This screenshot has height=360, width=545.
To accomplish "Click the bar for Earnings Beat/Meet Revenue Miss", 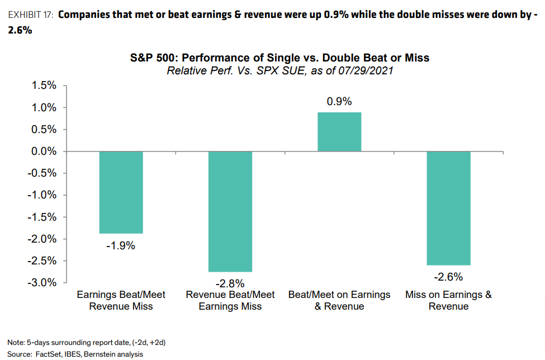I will coord(121,192).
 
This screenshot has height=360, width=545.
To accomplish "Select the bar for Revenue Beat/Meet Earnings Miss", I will coord(230,211).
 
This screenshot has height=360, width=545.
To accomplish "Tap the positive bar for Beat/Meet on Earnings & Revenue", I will coord(339,132).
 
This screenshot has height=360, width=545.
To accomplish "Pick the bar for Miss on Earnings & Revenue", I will coord(448,208).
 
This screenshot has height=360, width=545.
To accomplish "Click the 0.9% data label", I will coord(339,102).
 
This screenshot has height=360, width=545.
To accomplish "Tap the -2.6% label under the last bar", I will coord(448,277).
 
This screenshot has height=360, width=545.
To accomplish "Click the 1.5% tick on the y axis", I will coord(44,86).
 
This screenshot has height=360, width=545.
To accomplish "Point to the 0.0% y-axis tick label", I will coord(44,151).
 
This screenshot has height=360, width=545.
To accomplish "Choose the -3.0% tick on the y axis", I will coord(42,282).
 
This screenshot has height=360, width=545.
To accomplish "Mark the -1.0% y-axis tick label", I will coord(42,195).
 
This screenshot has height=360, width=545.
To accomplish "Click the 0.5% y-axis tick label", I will coord(44,129).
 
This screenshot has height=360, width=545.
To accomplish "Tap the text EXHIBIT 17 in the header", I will coord(30,15).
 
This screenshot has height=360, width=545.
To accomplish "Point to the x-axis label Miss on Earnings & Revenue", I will coord(448,300).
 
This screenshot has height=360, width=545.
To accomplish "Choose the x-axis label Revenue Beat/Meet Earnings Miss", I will coord(230,300).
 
